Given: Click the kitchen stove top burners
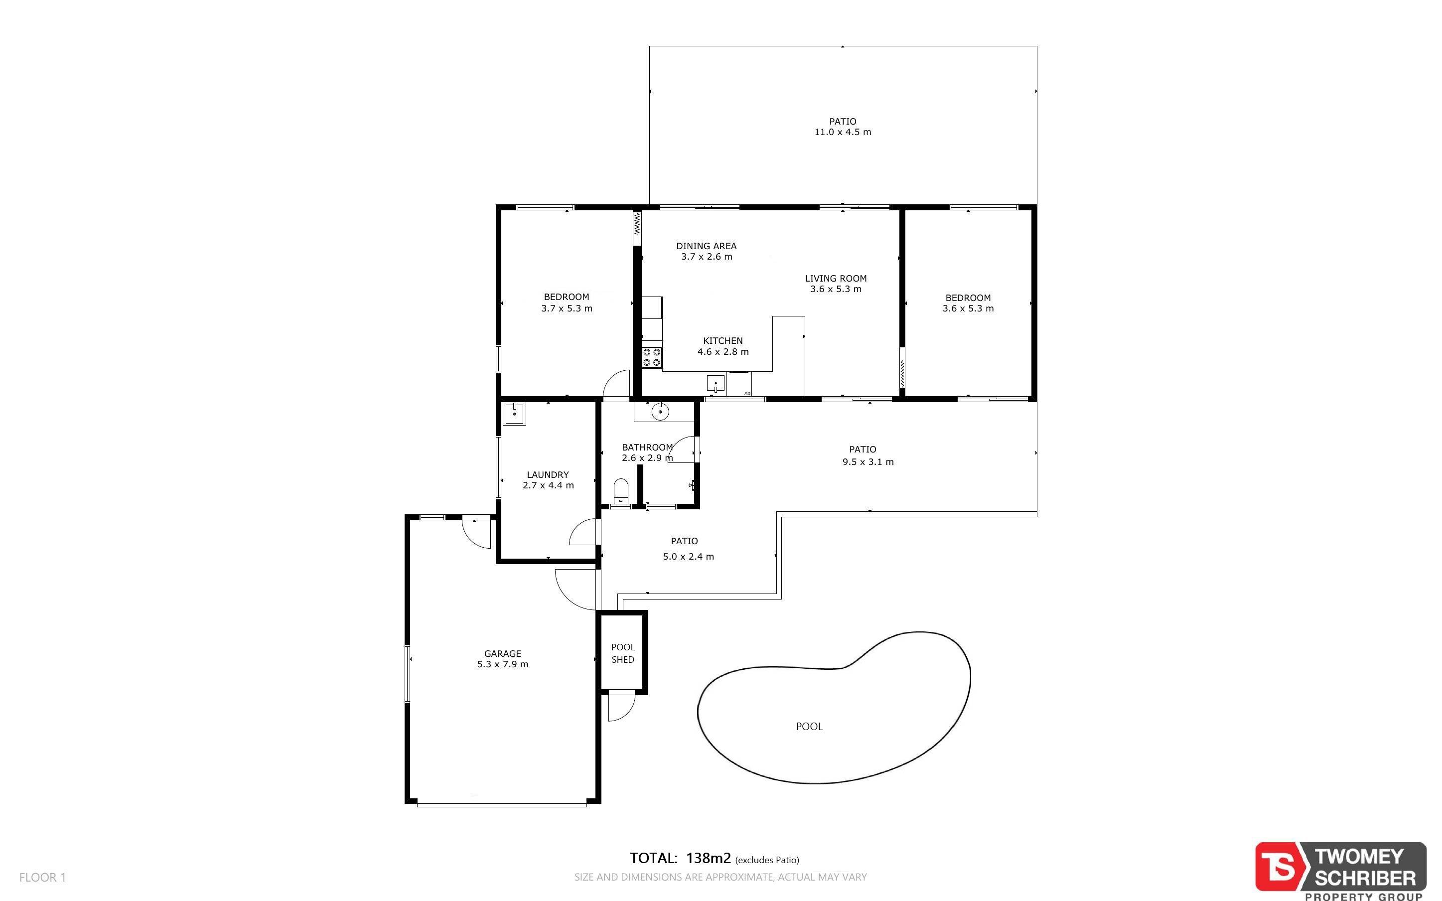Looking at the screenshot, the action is [652, 357].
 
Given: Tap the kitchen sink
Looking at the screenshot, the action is [716, 383].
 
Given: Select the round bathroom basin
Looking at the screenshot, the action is [660, 411].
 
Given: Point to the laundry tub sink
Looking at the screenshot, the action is [515, 414].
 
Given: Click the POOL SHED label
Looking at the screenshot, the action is [623, 653].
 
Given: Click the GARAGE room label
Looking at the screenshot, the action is [503, 654].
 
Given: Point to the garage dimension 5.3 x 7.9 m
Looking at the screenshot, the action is [503, 664].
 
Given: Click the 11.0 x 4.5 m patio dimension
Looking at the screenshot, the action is [843, 132].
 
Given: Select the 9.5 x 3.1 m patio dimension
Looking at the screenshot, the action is [868, 462].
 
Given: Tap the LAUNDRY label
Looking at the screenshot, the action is [548, 475].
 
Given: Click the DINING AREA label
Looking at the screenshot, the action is [707, 246].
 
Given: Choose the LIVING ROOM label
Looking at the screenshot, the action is [836, 278].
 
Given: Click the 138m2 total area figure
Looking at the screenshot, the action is [708, 858].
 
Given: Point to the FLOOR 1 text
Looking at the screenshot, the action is [43, 877].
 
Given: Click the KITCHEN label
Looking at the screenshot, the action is [723, 341].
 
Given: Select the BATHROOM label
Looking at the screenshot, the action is [647, 447].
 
